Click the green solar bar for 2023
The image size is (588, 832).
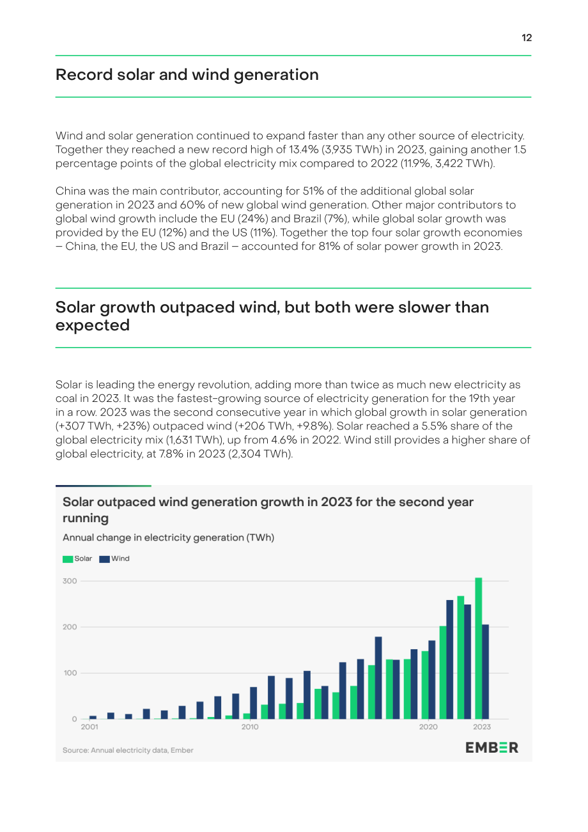pyautogui.click(x=479, y=648)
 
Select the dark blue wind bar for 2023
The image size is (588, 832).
pyautogui.click(x=486, y=672)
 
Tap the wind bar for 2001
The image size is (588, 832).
pyautogui.click(x=93, y=717)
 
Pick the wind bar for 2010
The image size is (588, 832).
pyautogui.click(x=253, y=703)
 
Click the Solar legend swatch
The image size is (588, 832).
pyautogui.click(x=68, y=559)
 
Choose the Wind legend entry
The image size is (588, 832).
pyautogui.click(x=114, y=559)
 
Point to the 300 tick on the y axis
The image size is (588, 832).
pyautogui.click(x=70, y=581)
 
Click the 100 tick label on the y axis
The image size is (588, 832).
pyautogui.click(x=70, y=673)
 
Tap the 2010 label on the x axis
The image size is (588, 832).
pyautogui.click(x=250, y=727)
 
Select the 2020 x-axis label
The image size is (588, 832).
pyautogui.click(x=428, y=727)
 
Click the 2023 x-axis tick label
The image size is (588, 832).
pyautogui.click(x=482, y=727)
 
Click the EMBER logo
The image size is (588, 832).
pyautogui.click(x=491, y=748)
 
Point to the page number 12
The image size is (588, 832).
pyautogui.click(x=527, y=38)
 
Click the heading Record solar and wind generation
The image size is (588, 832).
pyautogui.click(x=187, y=75)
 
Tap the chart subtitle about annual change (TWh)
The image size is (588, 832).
pyautogui.click(x=168, y=537)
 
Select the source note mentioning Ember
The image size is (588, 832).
pyautogui.click(x=128, y=750)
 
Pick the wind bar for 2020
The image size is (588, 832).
pyautogui.click(x=431, y=680)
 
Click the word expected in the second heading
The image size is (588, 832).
pyautogui.click(x=93, y=325)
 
